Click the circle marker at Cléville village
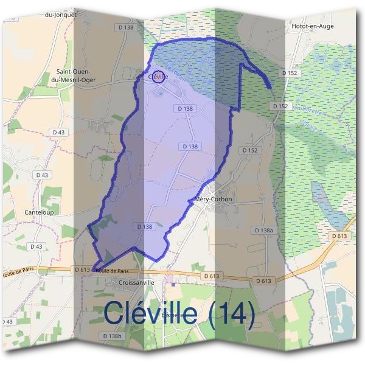point(158,77)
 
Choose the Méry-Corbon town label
point(213,200)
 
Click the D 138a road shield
point(268,231)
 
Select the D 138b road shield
point(112,336)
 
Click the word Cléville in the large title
point(151,312)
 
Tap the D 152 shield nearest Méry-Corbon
point(250,150)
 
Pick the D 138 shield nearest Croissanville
point(144,226)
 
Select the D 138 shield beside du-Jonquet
point(126,27)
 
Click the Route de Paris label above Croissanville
point(113,271)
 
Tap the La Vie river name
point(308,126)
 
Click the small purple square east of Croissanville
point(174,282)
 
